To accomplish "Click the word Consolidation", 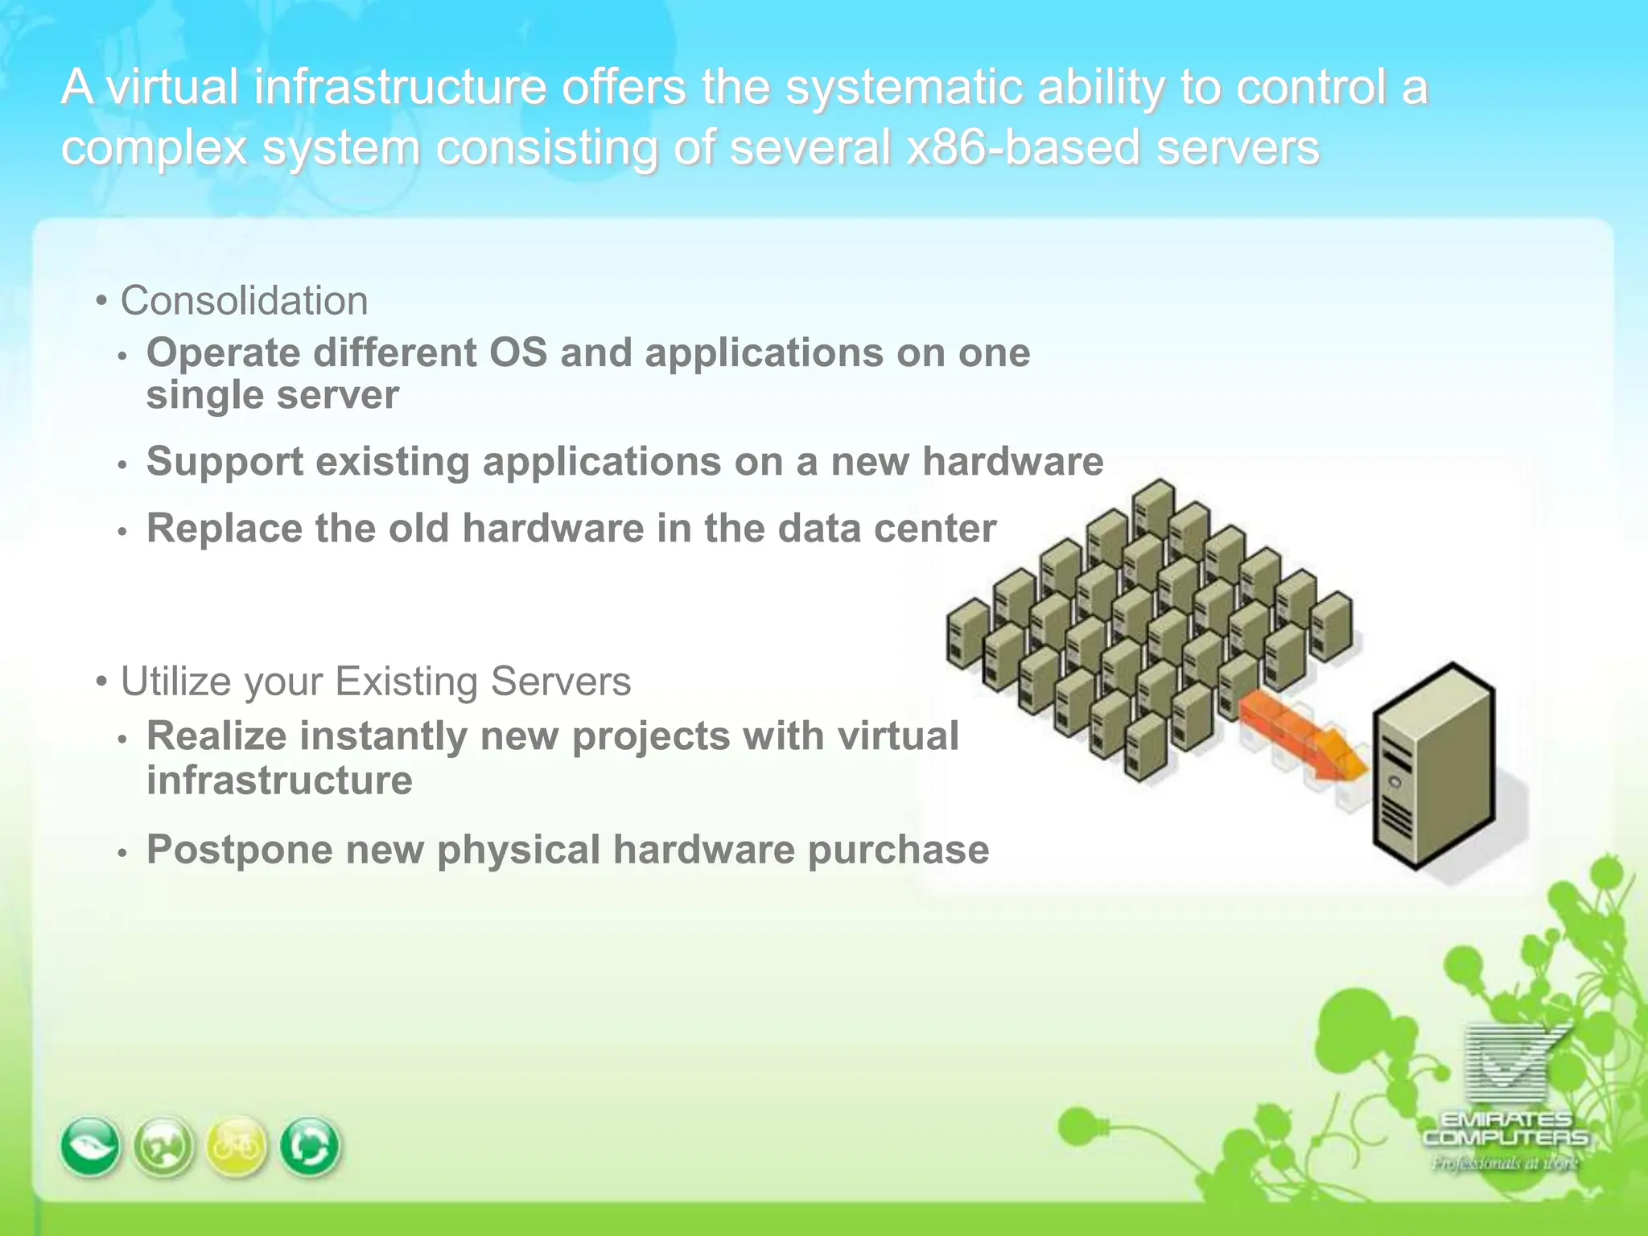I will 244,301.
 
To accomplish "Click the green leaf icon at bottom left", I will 91,1146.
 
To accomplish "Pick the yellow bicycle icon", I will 237,1146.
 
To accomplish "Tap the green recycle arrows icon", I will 310,1146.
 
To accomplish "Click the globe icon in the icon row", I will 163,1146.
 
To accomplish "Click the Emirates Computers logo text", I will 1505,1129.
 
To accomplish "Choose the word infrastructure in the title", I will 400,87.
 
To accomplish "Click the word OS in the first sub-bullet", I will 518,353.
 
